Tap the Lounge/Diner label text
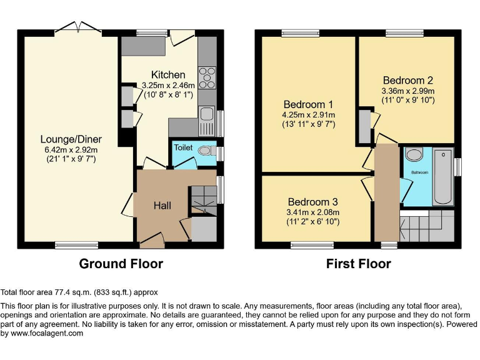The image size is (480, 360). tap(71, 139)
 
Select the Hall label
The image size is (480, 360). tap(162, 206)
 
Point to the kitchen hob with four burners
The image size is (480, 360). tap(206, 79)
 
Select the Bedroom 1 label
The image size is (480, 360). tap(308, 104)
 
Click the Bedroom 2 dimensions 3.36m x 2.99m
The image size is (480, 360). tap(407, 91)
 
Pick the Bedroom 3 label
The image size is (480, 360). tap(312, 202)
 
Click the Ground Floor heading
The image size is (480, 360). tap(121, 264)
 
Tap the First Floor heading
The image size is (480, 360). tap(358, 264)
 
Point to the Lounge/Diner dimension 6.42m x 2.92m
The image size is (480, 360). tap(71, 149)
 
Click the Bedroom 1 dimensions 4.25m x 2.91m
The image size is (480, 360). tap(308, 114)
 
